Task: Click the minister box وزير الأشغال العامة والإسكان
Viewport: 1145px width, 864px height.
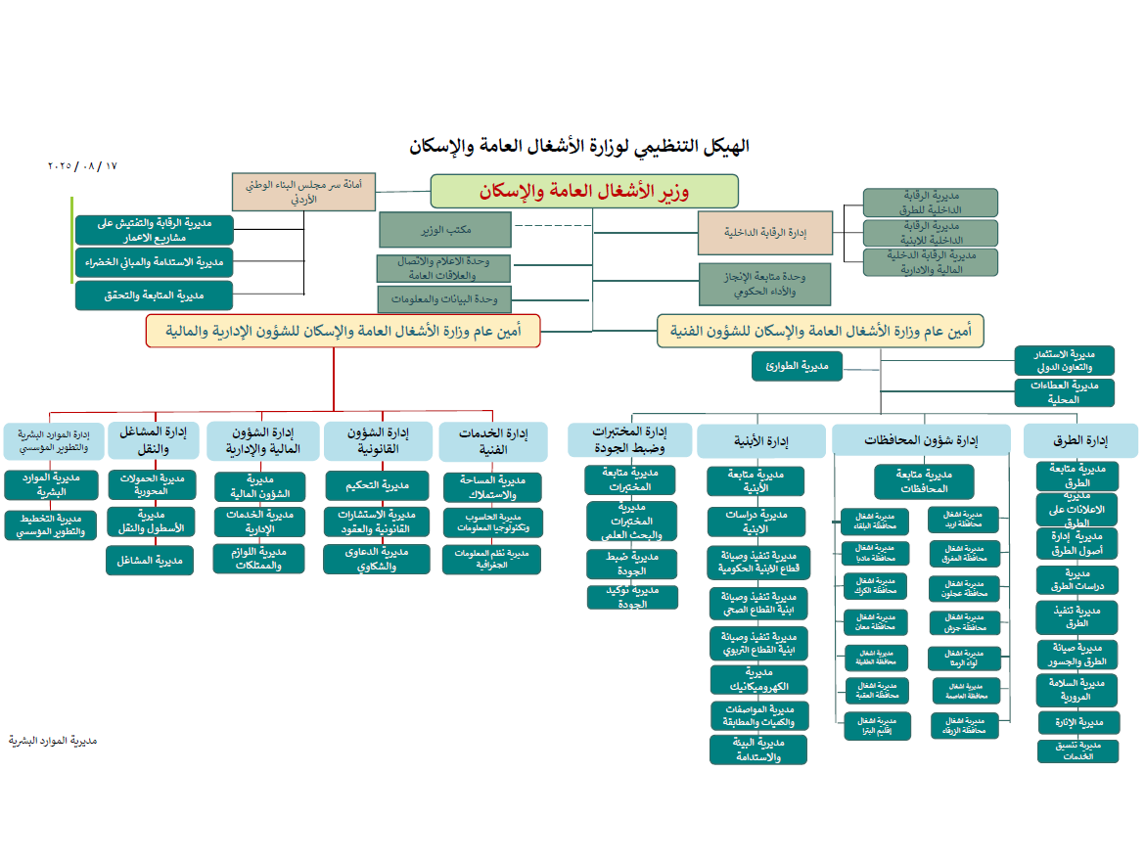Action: coord(584,192)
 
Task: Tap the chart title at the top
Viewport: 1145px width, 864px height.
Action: coord(579,147)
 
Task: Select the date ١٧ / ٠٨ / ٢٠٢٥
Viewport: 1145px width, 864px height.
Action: coord(82,166)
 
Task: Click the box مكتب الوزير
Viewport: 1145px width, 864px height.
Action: coord(445,230)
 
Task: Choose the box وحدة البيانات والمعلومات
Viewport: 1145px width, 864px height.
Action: coord(445,299)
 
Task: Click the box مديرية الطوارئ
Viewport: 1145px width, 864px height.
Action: coord(797,367)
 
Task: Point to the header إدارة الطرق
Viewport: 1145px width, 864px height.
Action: coord(1081,441)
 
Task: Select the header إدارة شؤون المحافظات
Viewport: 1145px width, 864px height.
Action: coord(920,440)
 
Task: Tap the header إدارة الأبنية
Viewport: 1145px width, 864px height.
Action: coord(761,441)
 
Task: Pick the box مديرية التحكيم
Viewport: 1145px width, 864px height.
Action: coord(377,485)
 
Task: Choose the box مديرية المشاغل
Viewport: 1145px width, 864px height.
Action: coord(151,560)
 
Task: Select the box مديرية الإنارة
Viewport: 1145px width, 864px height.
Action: coord(1077,723)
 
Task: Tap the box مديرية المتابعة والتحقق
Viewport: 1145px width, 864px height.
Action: coord(154,296)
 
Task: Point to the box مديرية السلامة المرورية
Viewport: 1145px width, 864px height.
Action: coord(1076,690)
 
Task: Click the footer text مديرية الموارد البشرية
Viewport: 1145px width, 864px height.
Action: coord(53,741)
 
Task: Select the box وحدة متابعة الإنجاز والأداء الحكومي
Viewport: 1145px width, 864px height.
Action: coord(764,284)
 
